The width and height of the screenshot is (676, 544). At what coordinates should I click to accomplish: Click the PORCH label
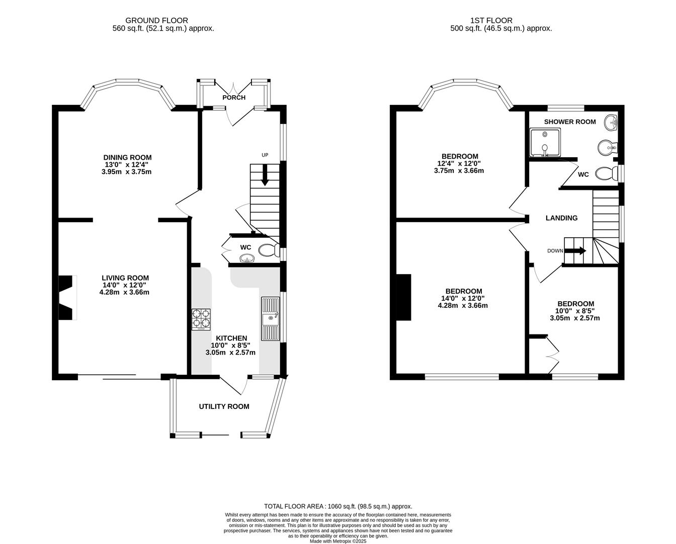(234, 97)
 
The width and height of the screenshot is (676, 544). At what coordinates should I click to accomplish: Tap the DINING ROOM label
(127, 158)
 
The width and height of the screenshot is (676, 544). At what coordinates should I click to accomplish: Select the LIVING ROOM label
(125, 278)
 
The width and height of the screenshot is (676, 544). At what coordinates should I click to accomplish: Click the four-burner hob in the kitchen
(201, 319)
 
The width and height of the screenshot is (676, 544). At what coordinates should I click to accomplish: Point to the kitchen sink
(270, 318)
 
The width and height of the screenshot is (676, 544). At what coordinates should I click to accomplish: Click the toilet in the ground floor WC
(269, 249)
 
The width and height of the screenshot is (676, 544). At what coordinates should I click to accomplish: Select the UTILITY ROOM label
(224, 406)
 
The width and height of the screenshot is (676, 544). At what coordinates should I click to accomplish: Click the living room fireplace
(67, 297)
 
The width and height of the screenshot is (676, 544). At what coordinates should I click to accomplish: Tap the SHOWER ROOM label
(570, 121)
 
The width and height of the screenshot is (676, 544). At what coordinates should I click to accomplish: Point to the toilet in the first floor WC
(606, 174)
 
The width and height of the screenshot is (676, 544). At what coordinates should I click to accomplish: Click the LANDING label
(561, 218)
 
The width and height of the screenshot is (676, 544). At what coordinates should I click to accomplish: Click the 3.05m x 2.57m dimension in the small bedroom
(575, 318)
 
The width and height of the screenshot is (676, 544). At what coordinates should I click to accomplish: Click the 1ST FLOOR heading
(491, 21)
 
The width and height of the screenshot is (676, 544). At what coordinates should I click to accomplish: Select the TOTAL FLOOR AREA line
(338, 506)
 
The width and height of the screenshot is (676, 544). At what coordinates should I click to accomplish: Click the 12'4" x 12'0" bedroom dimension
(459, 164)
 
